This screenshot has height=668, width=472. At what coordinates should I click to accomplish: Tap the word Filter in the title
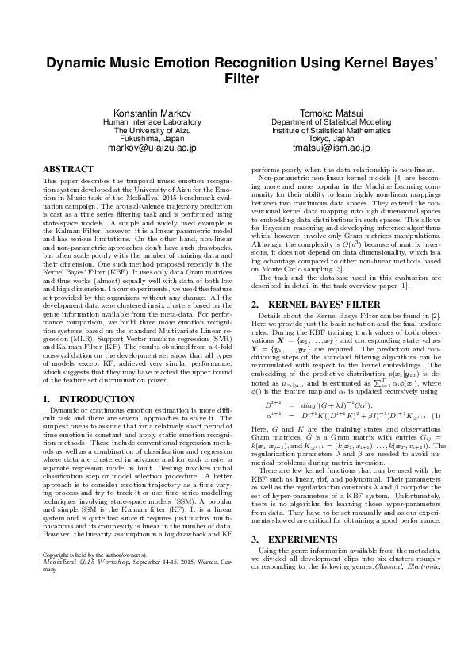coord(236,79)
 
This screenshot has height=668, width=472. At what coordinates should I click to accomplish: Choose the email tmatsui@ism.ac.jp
coord(331,148)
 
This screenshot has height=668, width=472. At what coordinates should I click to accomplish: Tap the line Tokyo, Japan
coord(331,138)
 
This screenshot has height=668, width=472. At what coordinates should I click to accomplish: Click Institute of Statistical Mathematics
coord(331,130)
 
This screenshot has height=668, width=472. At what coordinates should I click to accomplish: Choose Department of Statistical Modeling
coord(331,121)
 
